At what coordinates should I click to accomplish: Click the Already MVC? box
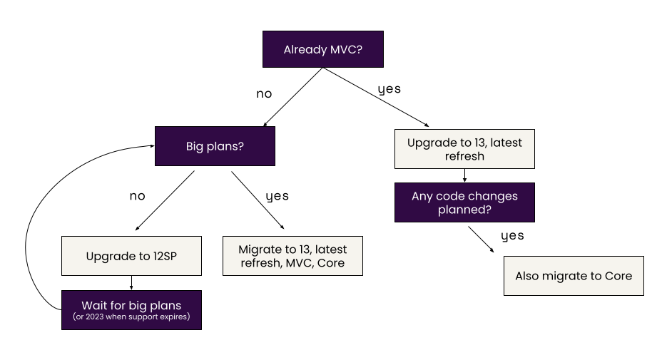point(322,49)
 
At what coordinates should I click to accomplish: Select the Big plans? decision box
point(215,146)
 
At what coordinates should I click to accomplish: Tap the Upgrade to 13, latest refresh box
point(464,149)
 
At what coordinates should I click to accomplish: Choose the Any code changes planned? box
point(464,202)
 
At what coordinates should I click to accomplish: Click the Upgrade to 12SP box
point(131,256)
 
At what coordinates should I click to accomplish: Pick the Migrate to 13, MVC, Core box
point(292,256)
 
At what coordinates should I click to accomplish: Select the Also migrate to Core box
point(574,276)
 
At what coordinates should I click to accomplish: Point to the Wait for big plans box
point(131,310)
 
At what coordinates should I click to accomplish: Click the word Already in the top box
point(305,50)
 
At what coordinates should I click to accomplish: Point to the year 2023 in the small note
point(94,317)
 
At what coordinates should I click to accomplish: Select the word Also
point(529,276)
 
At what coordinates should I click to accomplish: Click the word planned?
point(464,210)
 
